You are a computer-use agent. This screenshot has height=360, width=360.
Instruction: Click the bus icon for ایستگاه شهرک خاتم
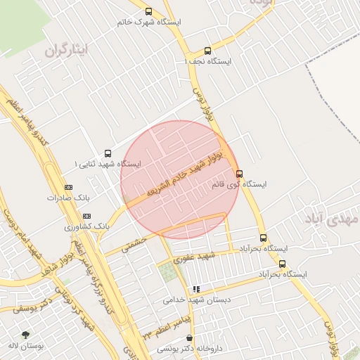pos(148,11)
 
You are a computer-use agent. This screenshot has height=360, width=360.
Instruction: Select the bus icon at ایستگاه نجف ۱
pos(207,51)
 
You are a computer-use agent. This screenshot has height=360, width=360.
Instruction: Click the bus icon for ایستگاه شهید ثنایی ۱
pos(108,153)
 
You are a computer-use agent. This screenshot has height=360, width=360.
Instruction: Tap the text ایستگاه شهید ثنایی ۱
pos(108,164)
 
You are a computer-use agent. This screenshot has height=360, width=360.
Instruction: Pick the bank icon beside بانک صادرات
pos(68,187)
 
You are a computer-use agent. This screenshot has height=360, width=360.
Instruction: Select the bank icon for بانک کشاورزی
pos(86,217)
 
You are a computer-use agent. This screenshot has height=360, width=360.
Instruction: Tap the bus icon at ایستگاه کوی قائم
pos(239,174)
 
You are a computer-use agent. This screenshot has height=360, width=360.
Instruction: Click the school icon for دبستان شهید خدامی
pos(196,288)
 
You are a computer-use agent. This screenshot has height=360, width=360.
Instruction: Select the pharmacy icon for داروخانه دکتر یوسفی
pos(189,338)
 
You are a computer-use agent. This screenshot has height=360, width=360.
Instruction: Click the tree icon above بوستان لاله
pos(26,335)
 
